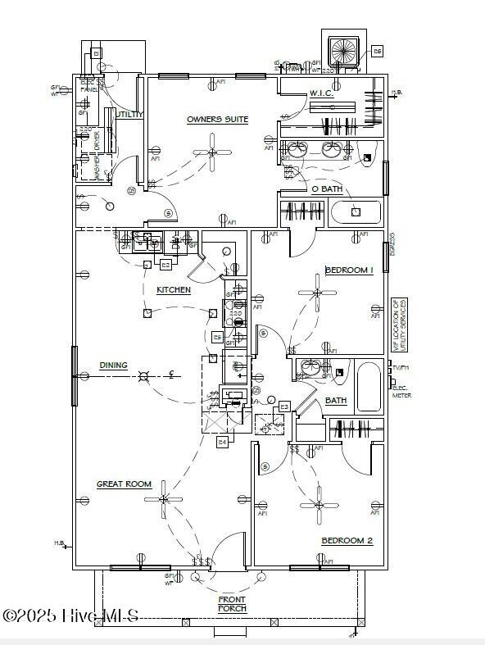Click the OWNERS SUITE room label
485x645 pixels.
pyautogui.click(x=217, y=120)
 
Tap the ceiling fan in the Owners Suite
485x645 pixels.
pyautogui.click(x=212, y=152)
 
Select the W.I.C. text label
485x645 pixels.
pyautogui.click(x=320, y=93)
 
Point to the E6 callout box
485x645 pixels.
pyautogui.click(x=377, y=51)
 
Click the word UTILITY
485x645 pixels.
pyautogui.click(x=129, y=115)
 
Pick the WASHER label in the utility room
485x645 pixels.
pyautogui.click(x=97, y=168)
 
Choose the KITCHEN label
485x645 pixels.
pyautogui.click(x=174, y=290)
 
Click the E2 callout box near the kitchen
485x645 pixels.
pyautogui.click(x=165, y=265)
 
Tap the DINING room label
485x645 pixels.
pyautogui.click(x=113, y=366)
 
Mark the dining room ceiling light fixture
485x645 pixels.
pyautogui.click(x=144, y=376)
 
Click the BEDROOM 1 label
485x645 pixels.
pyautogui.click(x=349, y=270)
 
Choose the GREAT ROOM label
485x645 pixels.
pyautogui.click(x=124, y=484)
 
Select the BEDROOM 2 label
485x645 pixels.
pyautogui.click(x=347, y=541)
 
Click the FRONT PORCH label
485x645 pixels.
pyautogui.click(x=232, y=604)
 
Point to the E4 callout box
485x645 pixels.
pyautogui.click(x=222, y=443)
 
